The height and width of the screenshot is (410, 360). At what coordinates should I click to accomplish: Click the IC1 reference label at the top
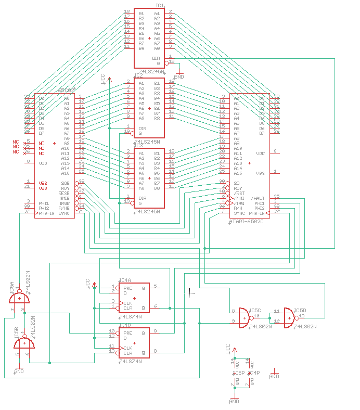tap(160, 6)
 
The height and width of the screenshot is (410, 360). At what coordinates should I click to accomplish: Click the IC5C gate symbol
tap(244, 317)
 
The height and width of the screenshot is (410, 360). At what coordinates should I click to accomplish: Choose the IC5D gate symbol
tap(289, 317)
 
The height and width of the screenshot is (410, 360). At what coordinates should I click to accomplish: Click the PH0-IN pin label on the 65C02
tap(60, 213)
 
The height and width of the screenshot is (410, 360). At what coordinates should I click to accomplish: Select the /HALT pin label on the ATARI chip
tap(258, 198)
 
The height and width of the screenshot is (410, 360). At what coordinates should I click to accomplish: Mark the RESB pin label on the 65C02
tap(64, 193)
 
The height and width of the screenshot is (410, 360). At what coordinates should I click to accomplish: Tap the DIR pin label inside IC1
tap(156, 58)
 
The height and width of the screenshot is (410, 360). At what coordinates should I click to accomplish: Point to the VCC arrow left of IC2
tap(103, 79)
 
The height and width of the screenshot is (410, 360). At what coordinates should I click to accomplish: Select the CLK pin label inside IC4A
tap(128, 303)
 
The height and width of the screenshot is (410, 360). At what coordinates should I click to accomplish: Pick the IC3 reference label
tap(138, 146)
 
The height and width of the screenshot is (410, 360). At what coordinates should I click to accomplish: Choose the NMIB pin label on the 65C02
tap(65, 198)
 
